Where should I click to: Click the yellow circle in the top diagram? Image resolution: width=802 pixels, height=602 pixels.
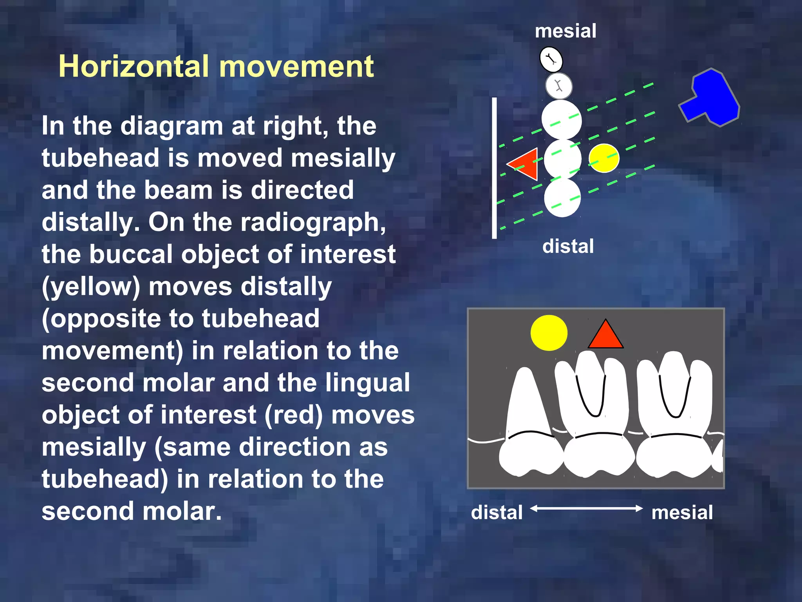coord(604,158)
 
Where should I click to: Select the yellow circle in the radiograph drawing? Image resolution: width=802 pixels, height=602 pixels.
coord(549,333)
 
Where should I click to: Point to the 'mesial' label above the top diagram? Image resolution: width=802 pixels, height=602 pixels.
coord(565,31)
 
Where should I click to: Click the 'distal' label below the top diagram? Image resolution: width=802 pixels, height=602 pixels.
coord(568,247)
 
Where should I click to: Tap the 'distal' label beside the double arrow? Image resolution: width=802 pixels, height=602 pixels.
coord(497,512)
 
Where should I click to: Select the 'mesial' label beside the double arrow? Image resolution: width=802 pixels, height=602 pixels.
coord(682,512)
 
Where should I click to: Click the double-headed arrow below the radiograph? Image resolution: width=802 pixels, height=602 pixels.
coord(586,509)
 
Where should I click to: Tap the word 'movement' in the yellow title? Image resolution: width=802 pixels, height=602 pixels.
coord(296,66)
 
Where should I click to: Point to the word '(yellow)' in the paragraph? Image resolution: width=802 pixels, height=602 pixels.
coord(91,286)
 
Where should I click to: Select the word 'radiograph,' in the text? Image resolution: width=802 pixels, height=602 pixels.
coord(313,222)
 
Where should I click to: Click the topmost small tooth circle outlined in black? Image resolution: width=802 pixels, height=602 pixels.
coord(551,60)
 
